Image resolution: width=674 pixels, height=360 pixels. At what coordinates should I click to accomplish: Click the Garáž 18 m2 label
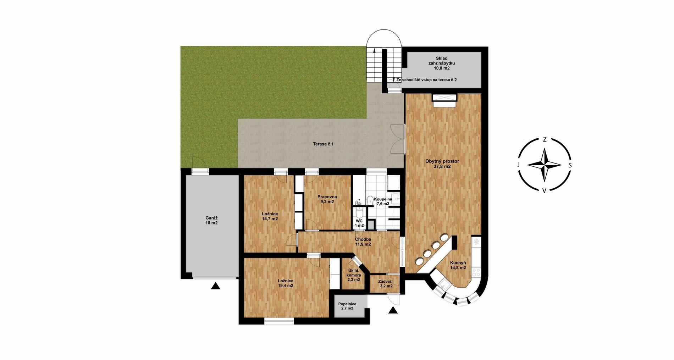click(211, 220)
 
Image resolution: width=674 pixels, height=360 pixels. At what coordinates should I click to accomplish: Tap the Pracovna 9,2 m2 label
click(327, 199)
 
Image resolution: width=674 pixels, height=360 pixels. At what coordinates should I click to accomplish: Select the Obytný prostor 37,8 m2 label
click(442, 164)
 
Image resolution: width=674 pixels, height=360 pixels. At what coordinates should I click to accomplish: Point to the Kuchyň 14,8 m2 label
click(458, 265)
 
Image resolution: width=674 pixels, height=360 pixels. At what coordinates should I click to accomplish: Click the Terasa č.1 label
click(323, 144)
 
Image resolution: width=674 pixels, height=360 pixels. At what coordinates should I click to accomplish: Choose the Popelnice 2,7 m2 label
click(347, 306)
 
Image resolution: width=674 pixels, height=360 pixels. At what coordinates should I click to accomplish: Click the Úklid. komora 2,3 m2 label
click(354, 275)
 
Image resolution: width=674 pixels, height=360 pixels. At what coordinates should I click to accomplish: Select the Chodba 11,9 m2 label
click(363, 242)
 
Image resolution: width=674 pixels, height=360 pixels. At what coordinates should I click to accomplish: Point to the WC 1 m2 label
click(359, 223)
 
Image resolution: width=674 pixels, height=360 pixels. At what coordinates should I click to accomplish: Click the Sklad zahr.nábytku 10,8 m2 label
click(442, 63)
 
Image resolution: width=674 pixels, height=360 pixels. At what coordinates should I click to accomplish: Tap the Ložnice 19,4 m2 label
click(286, 283)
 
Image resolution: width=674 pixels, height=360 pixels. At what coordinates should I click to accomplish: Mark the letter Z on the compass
click(545, 139)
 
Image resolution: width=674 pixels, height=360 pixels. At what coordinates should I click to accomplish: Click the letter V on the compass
click(544, 190)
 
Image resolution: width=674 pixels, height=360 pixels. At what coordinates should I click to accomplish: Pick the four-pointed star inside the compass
click(545, 165)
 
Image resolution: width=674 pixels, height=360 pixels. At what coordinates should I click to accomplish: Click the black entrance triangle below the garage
click(215, 286)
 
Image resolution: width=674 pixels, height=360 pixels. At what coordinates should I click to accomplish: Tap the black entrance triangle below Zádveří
click(393, 310)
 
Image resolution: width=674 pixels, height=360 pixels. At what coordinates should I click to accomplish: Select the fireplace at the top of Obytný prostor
click(444, 100)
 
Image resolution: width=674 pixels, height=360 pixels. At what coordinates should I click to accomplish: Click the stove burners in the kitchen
click(476, 272)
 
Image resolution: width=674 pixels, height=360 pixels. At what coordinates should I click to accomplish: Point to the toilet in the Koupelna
click(370, 200)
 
